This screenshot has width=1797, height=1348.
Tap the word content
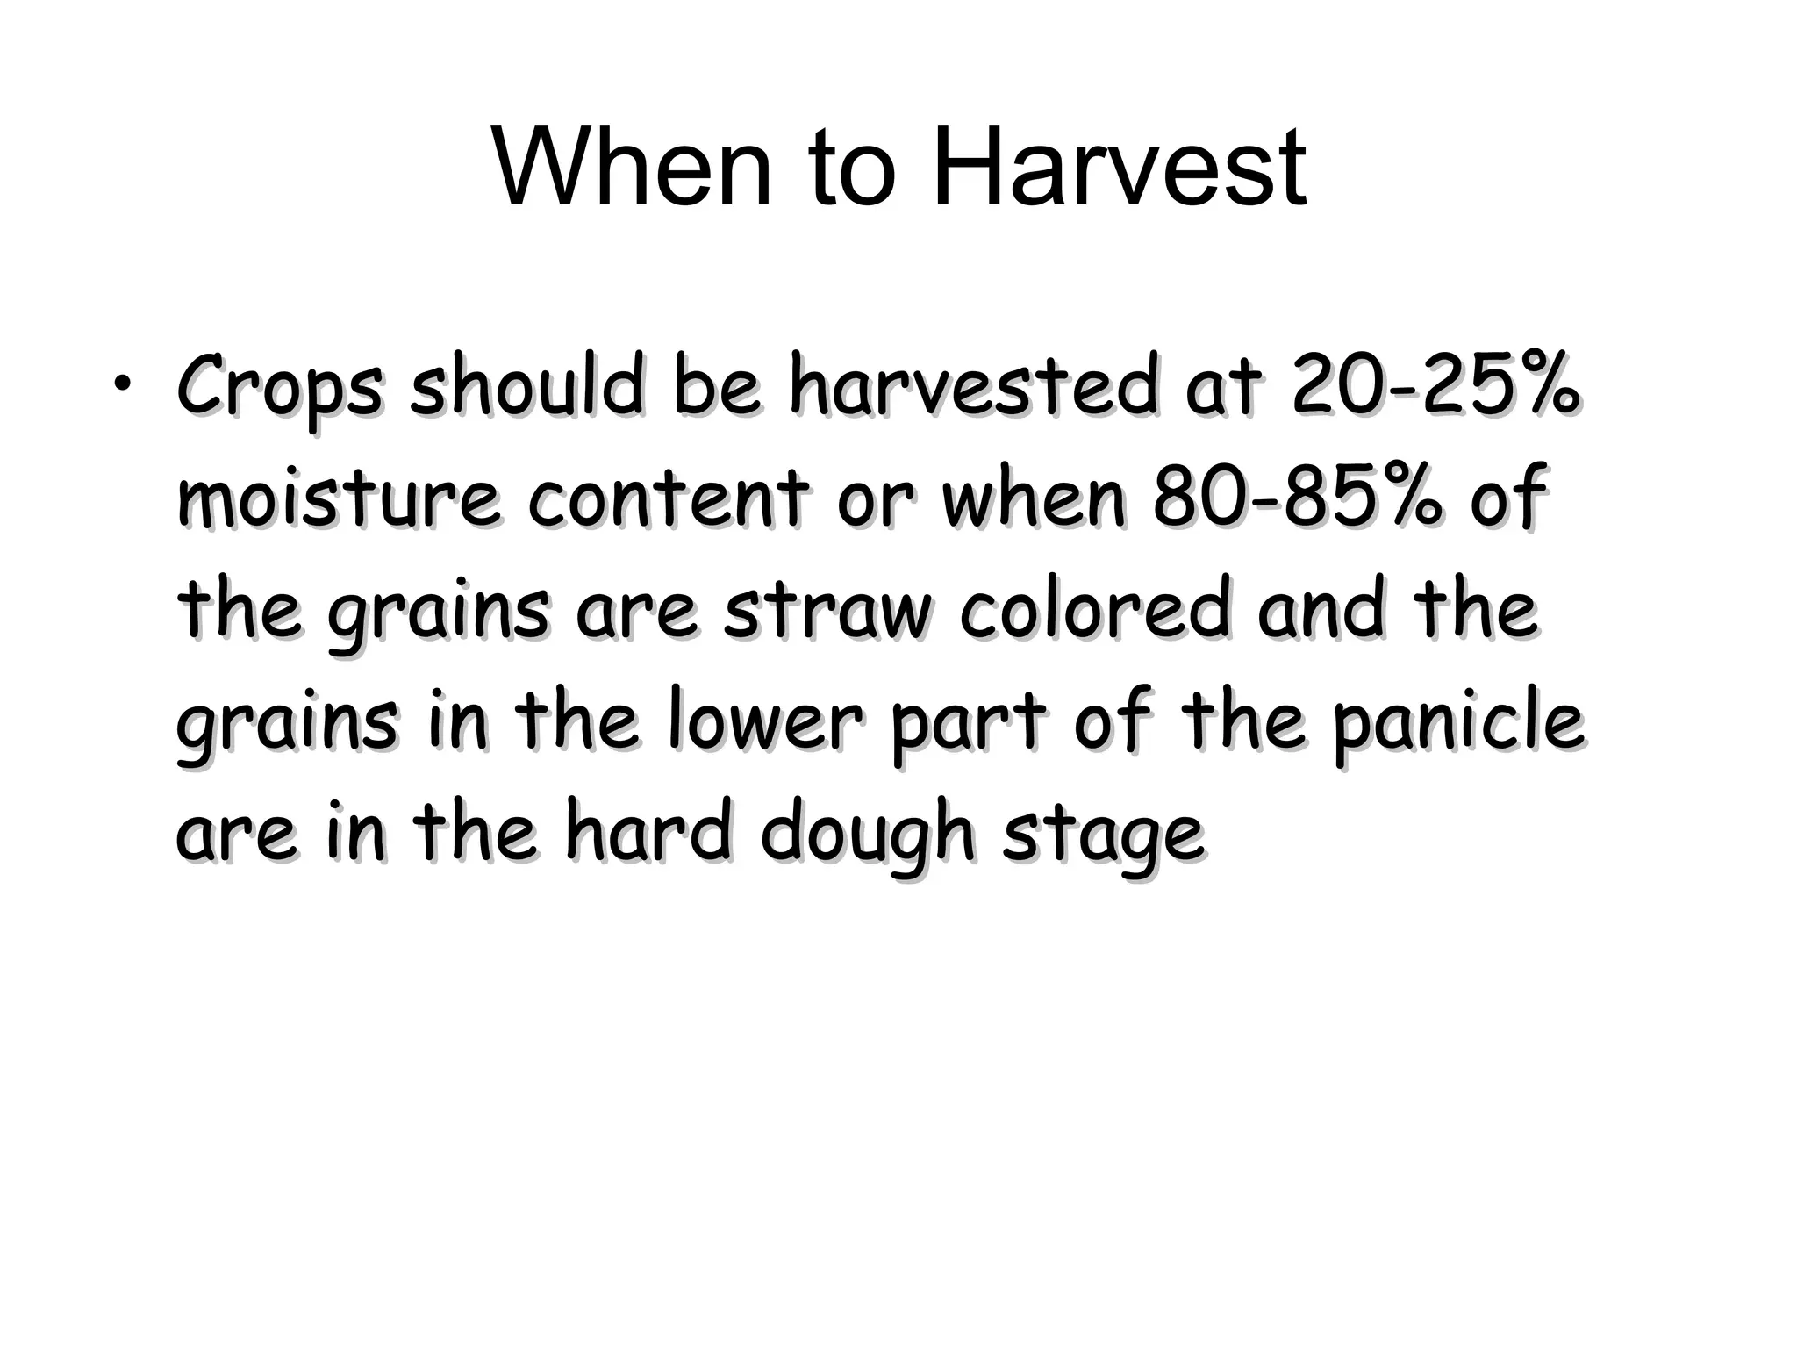click(667, 498)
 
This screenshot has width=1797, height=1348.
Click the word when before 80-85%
click(1035, 498)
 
